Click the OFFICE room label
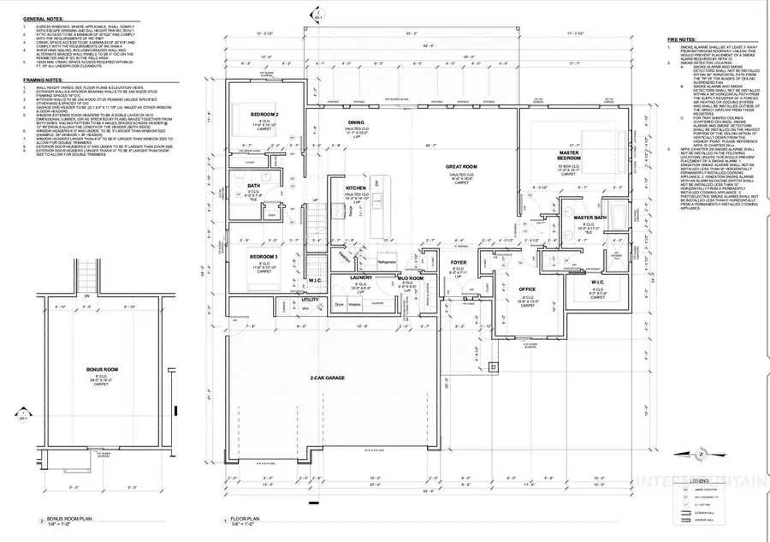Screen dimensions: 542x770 [x=527, y=289]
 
